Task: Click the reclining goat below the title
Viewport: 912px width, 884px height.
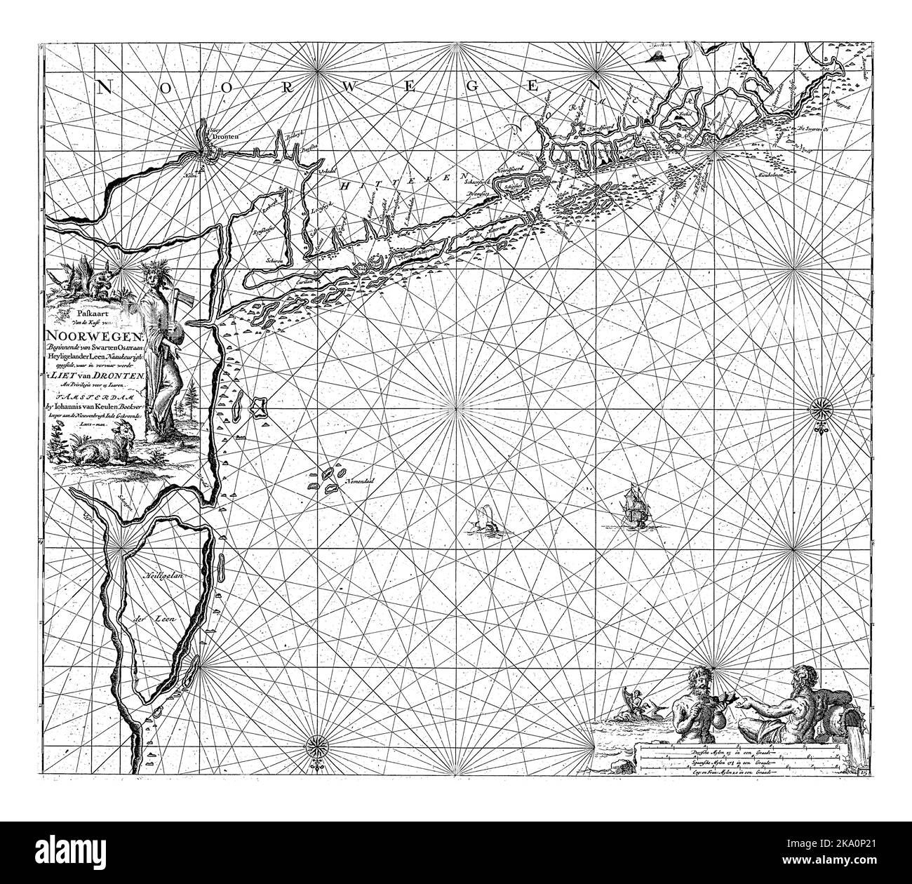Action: point(101,450)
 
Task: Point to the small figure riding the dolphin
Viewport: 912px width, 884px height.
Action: point(633,698)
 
